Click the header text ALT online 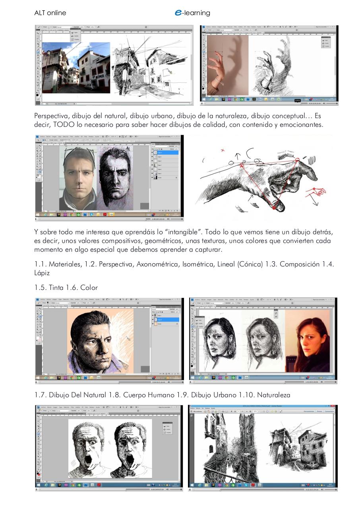pos(50,13)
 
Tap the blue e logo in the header pos(178,13)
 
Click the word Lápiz pos(42,273)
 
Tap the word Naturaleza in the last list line pos(273,395)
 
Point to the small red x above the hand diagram pos(223,150)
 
